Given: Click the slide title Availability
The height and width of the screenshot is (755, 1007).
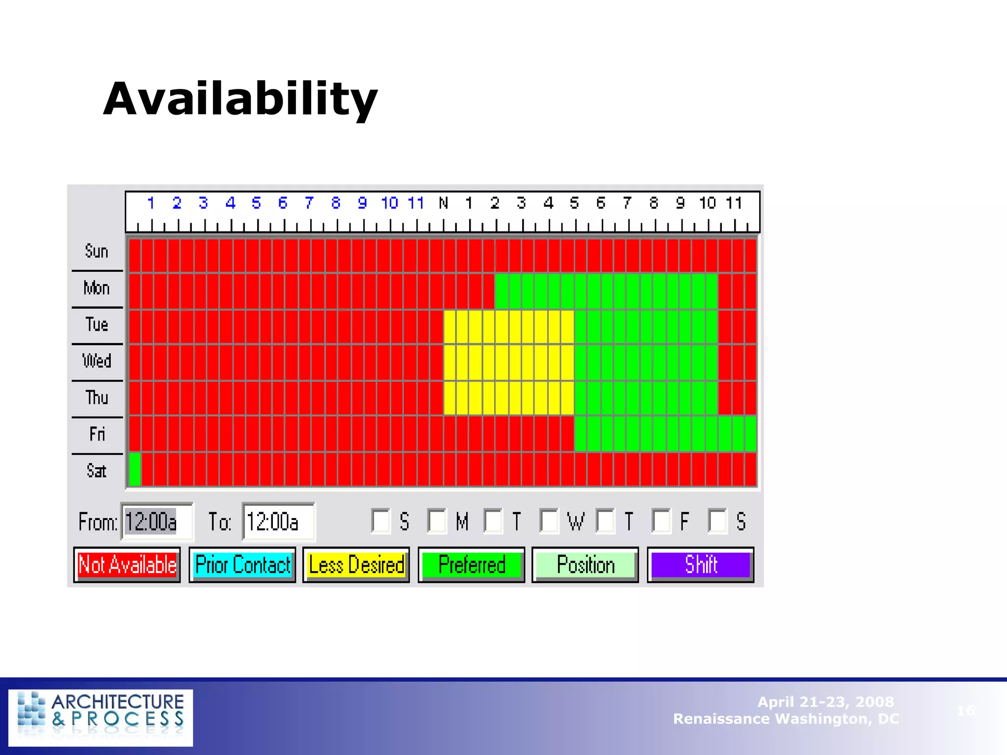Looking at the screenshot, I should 240,100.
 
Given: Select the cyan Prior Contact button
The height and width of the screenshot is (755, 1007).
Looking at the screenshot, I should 242,565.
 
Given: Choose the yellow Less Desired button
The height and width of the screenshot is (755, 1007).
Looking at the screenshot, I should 356,565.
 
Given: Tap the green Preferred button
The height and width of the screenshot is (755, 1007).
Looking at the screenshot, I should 472,565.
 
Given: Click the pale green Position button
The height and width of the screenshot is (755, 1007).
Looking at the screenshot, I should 585,565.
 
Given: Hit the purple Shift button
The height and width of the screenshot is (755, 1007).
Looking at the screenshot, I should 701,565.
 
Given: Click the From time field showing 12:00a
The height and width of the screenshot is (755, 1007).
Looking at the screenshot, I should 157,522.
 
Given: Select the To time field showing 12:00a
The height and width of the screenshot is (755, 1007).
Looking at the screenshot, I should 278,522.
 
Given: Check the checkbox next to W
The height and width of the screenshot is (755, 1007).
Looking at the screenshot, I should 549,521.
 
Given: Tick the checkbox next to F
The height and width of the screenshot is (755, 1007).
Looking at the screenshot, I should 661,521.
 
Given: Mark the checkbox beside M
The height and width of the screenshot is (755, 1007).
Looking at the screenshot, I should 437,521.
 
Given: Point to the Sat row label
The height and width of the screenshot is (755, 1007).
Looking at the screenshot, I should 96,471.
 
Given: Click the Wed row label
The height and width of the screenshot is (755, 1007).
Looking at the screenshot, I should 97,361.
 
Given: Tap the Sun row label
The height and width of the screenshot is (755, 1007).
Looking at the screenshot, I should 96,251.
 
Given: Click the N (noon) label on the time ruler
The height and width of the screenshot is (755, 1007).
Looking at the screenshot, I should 444,203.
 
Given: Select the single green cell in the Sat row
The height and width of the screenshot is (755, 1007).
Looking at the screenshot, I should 135,469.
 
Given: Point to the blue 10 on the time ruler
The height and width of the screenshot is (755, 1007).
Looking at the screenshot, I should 389,203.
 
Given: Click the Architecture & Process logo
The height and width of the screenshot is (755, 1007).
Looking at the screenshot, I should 101,717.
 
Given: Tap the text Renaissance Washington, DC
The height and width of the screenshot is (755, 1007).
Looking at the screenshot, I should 786,719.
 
